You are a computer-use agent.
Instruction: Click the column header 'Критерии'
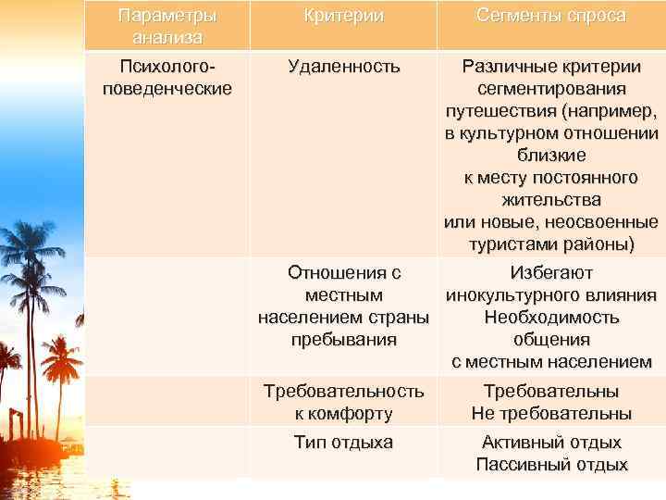point(343,17)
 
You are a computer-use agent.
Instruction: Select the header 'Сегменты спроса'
point(551,17)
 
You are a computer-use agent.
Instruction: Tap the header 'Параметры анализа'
point(168,27)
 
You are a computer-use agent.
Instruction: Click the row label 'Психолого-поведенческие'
point(168,77)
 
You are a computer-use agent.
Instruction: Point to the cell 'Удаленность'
point(343,67)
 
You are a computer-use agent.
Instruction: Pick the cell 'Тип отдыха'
point(343,443)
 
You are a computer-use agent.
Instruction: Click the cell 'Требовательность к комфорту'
point(343,402)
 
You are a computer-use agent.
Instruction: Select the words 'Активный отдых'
point(551,443)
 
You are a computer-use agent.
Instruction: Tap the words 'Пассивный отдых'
point(551,465)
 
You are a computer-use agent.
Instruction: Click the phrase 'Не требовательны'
point(551,413)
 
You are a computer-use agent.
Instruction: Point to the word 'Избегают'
point(551,273)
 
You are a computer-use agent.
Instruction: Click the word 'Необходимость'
point(551,318)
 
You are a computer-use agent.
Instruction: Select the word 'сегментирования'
point(551,89)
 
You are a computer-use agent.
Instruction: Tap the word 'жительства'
point(551,200)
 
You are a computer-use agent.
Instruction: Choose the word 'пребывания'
point(343,340)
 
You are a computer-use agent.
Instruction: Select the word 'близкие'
point(551,156)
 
